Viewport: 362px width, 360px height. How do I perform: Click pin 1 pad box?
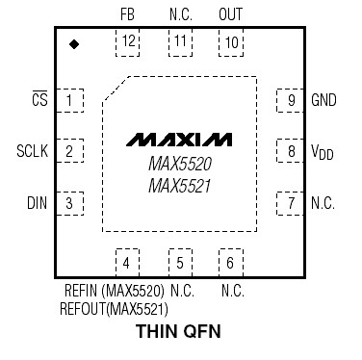[x=69, y=99]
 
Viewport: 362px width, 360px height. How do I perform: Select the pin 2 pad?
[x=69, y=151]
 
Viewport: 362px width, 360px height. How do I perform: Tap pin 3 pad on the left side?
[x=69, y=203]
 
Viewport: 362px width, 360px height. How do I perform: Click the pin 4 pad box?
[x=127, y=261]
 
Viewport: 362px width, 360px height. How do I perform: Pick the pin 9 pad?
[x=291, y=99]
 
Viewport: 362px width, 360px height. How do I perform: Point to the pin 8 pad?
[x=291, y=151]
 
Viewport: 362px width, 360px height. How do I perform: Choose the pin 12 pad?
[x=127, y=41]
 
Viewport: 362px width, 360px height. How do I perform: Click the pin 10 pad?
[x=231, y=41]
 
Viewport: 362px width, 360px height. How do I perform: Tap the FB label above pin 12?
[x=127, y=15]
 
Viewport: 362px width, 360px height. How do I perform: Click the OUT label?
[x=231, y=15]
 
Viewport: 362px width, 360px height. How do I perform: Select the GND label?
[x=323, y=100]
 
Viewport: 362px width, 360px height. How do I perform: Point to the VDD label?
[x=323, y=152]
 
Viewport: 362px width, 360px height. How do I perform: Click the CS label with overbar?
[x=39, y=99]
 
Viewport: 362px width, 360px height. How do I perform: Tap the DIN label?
[x=36, y=203]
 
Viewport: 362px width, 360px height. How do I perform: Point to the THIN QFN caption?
[x=179, y=333]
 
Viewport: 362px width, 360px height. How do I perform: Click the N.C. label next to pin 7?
[x=323, y=203]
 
